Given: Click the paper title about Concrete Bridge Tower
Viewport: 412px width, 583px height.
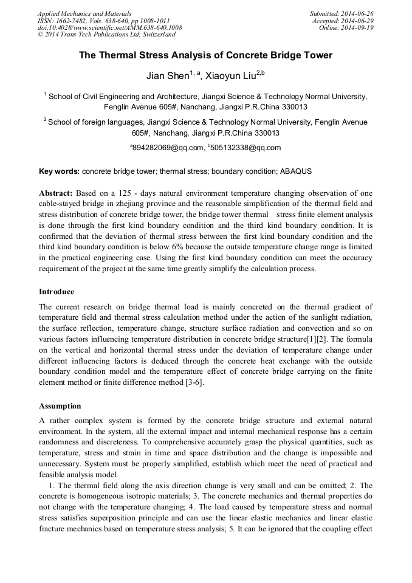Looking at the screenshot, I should coord(205,55).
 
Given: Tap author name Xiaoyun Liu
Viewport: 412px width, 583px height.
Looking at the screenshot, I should coord(229,76).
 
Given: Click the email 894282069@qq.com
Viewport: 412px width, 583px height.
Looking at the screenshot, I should coord(166,148).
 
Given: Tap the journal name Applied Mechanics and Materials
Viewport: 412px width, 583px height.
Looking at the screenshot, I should coord(84,13).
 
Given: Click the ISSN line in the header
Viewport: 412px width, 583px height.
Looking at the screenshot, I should coord(103,20).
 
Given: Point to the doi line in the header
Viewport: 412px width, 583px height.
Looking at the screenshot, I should coord(109,27).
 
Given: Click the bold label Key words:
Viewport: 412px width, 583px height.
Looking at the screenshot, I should coord(59,172).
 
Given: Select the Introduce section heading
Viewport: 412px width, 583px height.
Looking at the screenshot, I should coord(57,291).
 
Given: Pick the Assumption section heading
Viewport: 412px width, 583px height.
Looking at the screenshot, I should coord(60,405).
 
